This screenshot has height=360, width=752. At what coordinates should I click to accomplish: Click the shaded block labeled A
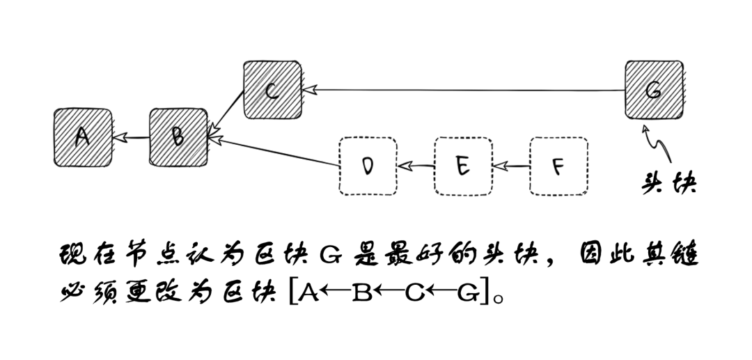[x=82, y=137]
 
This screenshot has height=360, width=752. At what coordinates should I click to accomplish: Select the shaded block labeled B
[x=178, y=137]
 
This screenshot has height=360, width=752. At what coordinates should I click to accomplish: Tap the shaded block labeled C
[x=272, y=90]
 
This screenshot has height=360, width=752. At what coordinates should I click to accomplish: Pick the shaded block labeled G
[x=653, y=90]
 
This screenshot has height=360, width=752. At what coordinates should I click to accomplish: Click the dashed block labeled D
[x=368, y=166]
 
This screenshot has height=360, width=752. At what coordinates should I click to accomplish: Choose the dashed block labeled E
[x=463, y=166]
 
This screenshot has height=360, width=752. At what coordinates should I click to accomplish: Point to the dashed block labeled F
[x=558, y=166]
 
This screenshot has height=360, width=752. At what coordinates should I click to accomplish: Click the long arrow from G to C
[x=463, y=89]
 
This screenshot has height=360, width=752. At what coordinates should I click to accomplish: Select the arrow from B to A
[x=131, y=138]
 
